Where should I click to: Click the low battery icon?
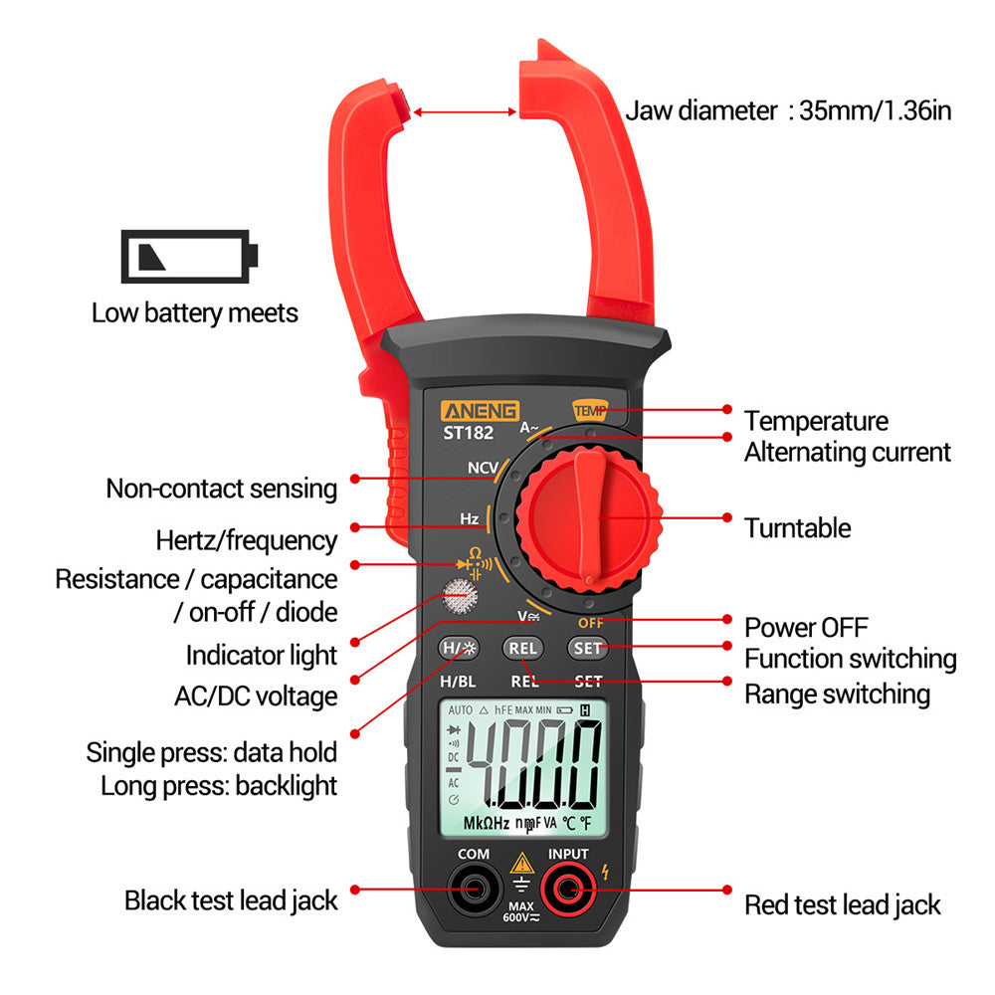(189, 256)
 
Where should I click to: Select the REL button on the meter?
(522, 648)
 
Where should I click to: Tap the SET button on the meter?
(587, 648)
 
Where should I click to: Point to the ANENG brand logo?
(480, 410)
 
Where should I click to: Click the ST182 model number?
(469, 433)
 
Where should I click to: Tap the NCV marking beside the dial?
(484, 468)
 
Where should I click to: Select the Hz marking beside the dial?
(470, 518)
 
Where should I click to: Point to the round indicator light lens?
(459, 597)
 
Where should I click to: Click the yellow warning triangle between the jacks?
(520, 863)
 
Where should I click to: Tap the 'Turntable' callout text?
(797, 527)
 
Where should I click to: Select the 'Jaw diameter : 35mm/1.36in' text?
(788, 110)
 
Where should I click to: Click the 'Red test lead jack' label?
(842, 904)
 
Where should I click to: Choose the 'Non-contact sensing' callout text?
(222, 489)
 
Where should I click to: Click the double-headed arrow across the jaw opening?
(464, 112)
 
